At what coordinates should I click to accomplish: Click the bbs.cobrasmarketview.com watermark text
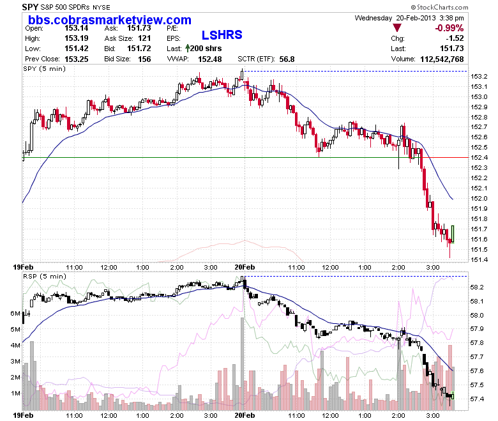pos(110,20)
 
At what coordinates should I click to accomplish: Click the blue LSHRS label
pos(222,35)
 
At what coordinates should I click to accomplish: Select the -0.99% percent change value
pos(449,28)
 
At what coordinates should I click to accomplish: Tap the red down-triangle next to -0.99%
pos(397,28)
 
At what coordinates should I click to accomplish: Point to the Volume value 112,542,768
pos(442,59)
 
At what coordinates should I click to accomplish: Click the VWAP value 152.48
pos(210,59)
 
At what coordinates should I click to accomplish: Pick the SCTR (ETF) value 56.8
pos(287,59)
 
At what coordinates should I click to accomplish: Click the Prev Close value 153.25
pos(77,59)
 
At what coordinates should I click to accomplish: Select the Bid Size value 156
pos(144,59)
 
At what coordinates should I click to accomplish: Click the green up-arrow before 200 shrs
pos(187,49)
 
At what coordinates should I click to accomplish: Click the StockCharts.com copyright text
pos(439,7)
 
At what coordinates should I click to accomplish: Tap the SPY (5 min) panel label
pos(45,68)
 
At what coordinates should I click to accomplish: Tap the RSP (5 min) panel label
pos(45,277)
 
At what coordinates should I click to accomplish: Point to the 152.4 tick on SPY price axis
pos(479,158)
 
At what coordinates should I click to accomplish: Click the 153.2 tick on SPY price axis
pos(479,76)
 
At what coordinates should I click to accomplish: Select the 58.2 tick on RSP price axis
pos(477,287)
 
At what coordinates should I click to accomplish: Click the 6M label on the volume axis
pos(15,313)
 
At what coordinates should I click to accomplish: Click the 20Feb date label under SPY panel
pos(245,267)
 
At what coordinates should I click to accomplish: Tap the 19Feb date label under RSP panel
pos(23,415)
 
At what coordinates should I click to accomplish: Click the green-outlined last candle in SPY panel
pos(453,234)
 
